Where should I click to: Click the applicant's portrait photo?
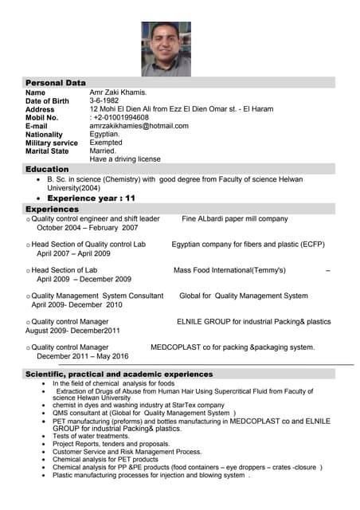[166, 49]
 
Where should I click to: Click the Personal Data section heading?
[55, 83]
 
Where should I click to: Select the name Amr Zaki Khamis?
[118, 92]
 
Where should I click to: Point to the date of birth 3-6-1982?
[104, 101]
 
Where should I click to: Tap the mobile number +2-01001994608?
[121, 117]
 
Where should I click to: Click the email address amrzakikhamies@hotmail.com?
[139, 126]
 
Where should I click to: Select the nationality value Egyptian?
[104, 134]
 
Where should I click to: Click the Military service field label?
[52, 143]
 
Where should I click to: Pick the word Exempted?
[106, 143]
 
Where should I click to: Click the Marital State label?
[47, 151]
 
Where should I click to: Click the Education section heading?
[47, 170]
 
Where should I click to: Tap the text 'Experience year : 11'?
[92, 198]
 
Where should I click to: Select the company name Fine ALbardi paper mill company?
[235, 218]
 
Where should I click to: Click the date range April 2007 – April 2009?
[73, 253]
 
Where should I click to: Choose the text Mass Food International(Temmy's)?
[229, 270]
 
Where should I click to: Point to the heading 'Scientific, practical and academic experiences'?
[119, 374]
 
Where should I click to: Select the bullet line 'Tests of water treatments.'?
[92, 436]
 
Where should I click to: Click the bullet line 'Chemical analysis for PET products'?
[105, 459]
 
